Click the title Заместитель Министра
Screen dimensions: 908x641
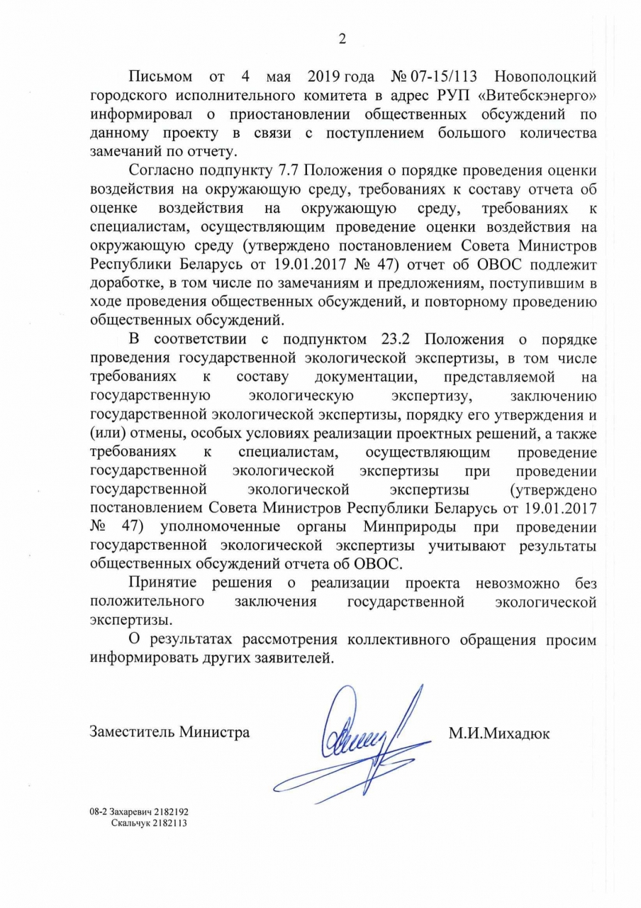(169, 732)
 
